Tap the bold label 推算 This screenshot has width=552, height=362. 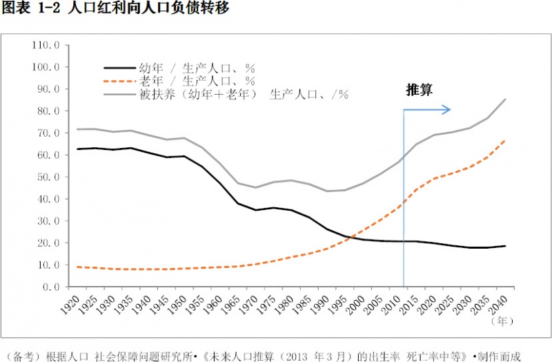420,90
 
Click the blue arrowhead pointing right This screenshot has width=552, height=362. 447,110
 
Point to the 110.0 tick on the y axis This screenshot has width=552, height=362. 46,45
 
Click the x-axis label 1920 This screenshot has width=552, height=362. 70,305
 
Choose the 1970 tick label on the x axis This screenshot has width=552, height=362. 248,305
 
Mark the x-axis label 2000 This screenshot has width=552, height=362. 355,305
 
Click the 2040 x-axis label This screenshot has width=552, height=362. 497,305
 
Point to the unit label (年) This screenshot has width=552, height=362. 502,321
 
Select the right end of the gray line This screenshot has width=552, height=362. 505,99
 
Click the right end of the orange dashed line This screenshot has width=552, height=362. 505,141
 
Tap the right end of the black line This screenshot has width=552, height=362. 505,246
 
